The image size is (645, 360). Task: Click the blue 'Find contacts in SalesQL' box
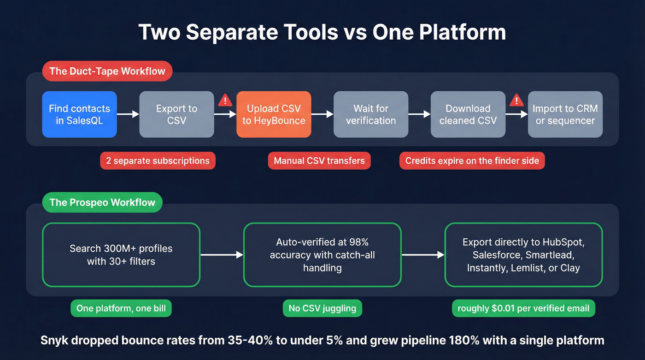pyautogui.click(x=79, y=114)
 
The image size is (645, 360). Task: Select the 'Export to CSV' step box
pyautogui.click(x=176, y=114)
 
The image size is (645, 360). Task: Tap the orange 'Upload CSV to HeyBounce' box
pyautogui.click(x=274, y=114)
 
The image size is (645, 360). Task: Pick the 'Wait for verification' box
pyautogui.click(x=371, y=114)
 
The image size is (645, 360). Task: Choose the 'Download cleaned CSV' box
pyautogui.click(x=468, y=114)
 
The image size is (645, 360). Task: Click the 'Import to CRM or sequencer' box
pyautogui.click(x=565, y=114)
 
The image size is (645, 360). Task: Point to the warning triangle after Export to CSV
pyautogui.click(x=225, y=100)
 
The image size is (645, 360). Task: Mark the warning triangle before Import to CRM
pyautogui.click(x=516, y=100)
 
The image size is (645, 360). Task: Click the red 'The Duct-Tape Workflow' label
pyautogui.click(x=107, y=71)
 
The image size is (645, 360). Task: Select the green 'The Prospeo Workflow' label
pyautogui.click(x=102, y=202)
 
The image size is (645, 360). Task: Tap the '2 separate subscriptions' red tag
pyautogui.click(x=158, y=161)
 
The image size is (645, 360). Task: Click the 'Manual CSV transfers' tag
pyautogui.click(x=319, y=161)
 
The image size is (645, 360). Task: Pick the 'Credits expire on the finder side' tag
pyautogui.click(x=472, y=161)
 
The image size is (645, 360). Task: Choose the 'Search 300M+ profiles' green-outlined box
pyautogui.click(x=121, y=255)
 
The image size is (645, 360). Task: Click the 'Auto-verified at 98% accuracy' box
pyautogui.click(x=322, y=255)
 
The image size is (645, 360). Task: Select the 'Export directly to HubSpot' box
pyautogui.click(x=523, y=255)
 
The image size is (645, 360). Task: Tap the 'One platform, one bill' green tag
pyautogui.click(x=121, y=308)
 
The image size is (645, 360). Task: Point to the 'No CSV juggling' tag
pyautogui.click(x=322, y=308)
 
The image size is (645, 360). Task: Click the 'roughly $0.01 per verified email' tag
pyautogui.click(x=523, y=308)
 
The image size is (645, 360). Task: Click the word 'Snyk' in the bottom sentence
pyautogui.click(x=54, y=341)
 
